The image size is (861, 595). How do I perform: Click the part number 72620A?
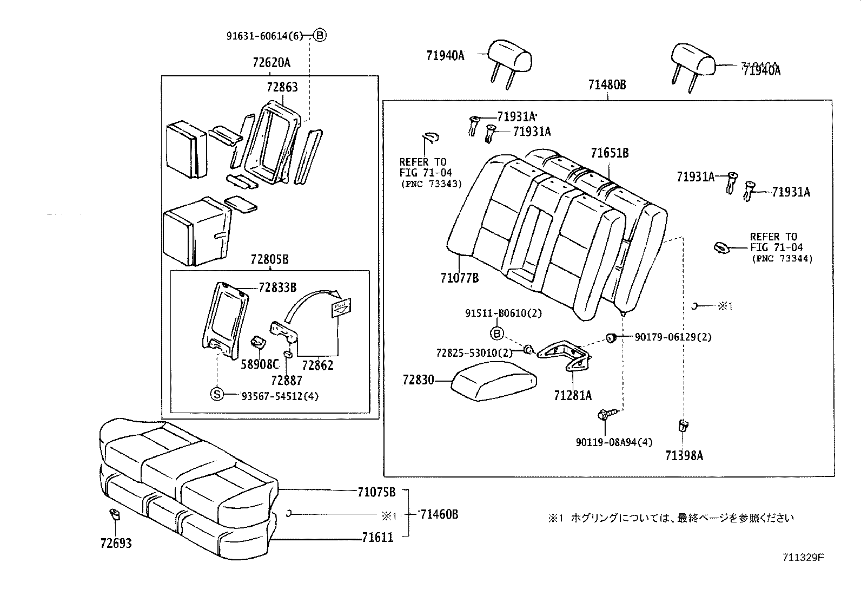[271, 62]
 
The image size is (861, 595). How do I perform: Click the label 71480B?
[607, 85]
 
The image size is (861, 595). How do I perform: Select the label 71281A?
[572, 396]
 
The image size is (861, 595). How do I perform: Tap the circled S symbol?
[216, 394]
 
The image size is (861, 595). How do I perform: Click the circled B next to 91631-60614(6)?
[320, 36]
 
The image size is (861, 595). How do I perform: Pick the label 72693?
[116, 543]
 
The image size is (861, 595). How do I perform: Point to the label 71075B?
[376, 492]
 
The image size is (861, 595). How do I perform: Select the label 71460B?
[439, 514]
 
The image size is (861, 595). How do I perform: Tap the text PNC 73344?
[782, 259]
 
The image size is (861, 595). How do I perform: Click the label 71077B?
[459, 278]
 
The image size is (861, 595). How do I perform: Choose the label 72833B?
[277, 287]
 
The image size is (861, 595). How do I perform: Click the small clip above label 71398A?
[683, 426]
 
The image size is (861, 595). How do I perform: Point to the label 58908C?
[260, 364]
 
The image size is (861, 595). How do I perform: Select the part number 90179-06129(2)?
[673, 337]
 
